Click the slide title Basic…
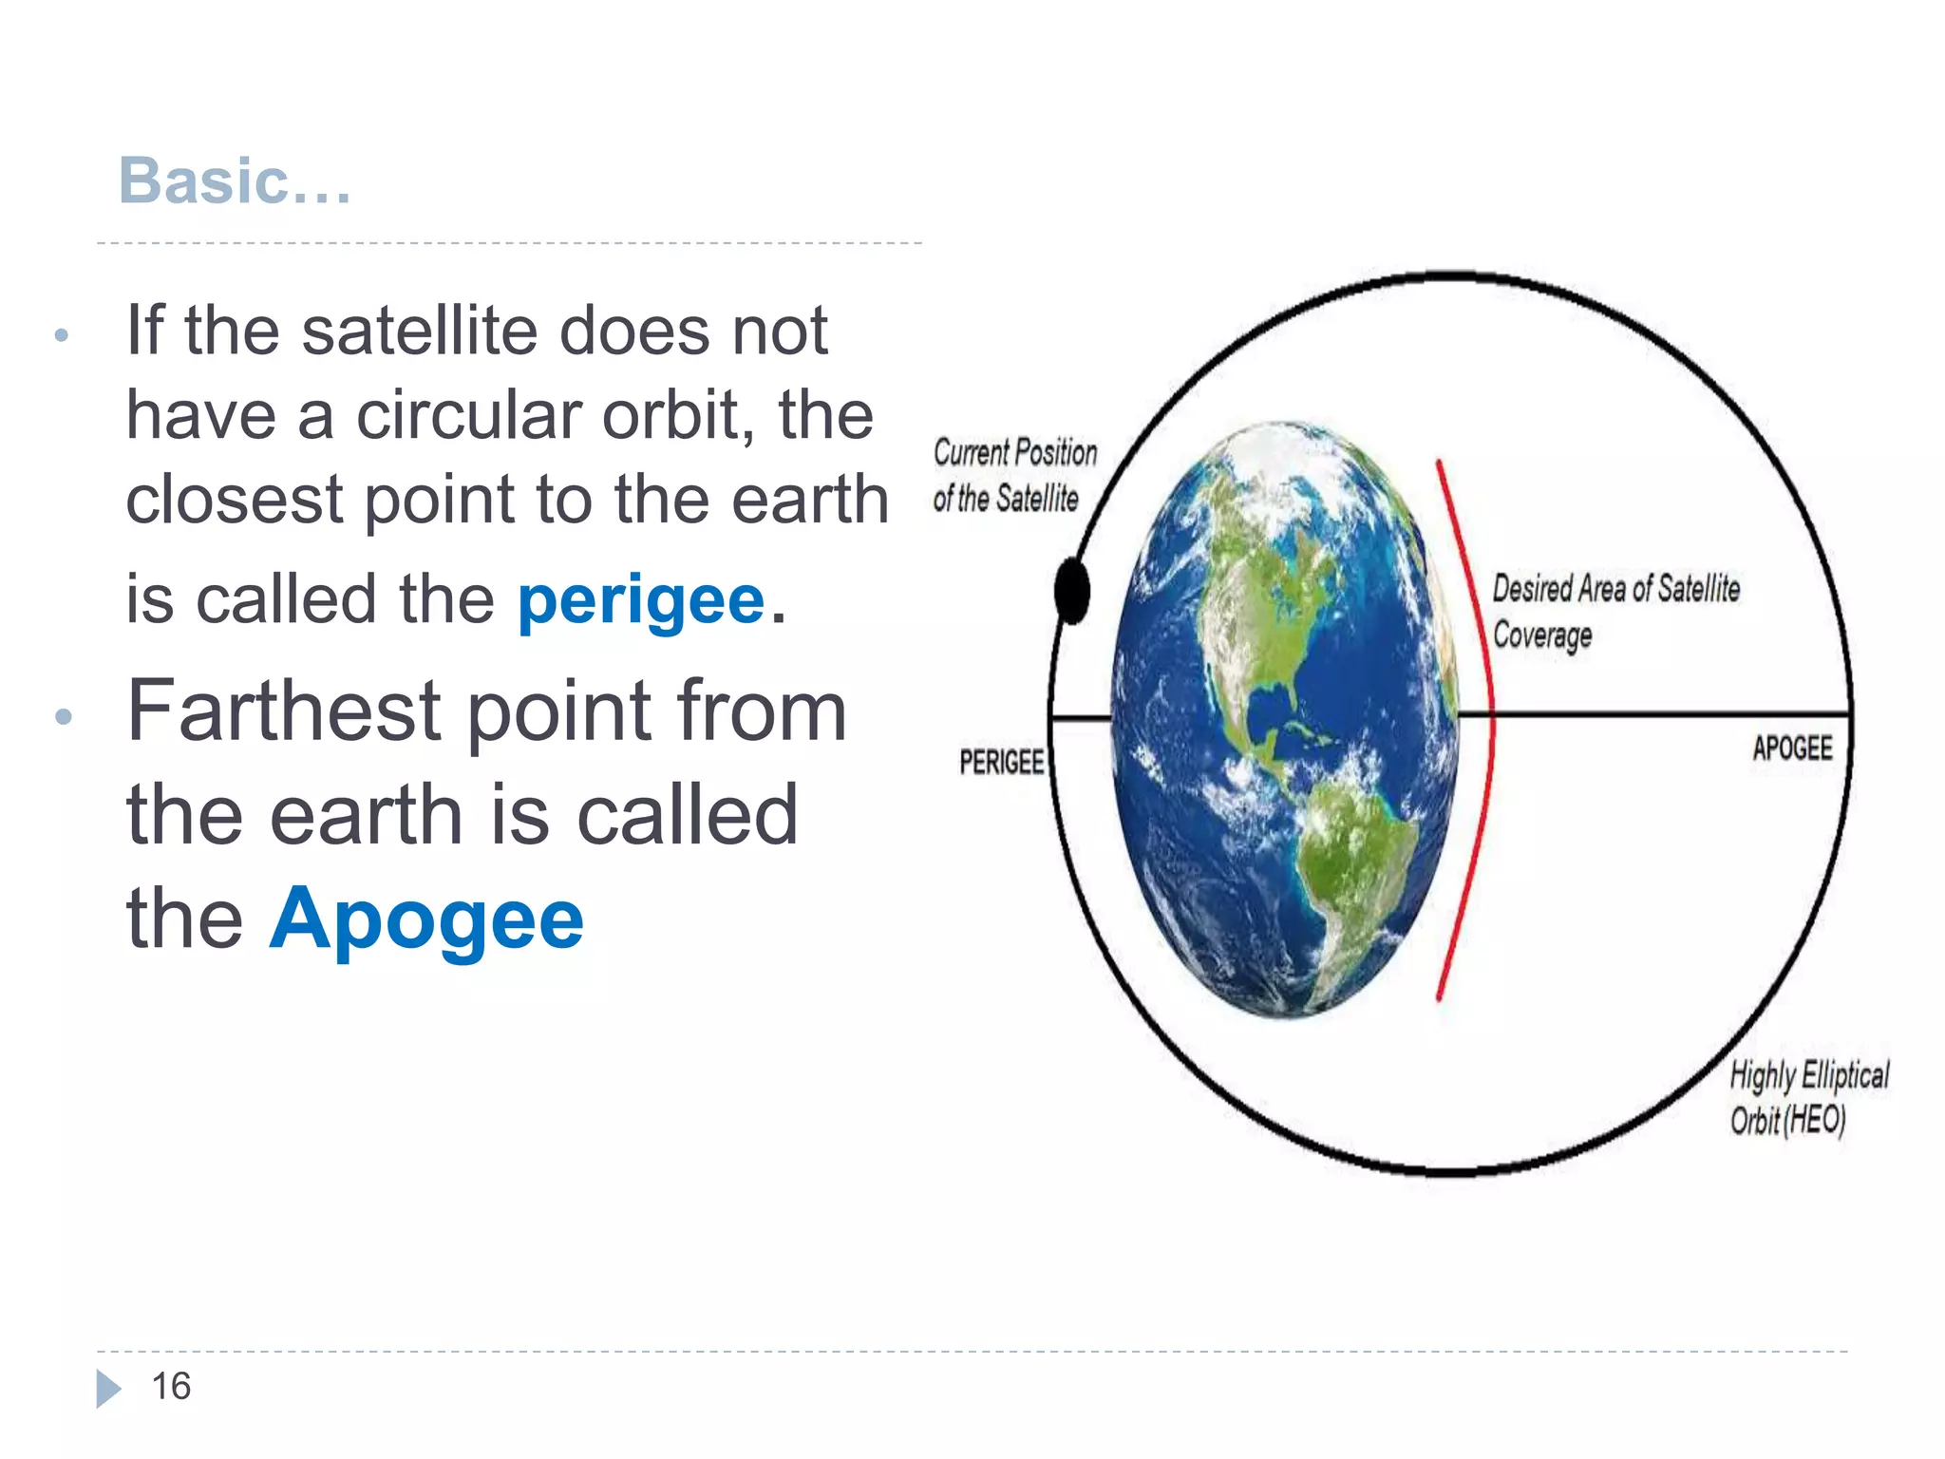point(235,180)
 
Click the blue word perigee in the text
point(641,601)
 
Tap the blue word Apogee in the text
point(426,919)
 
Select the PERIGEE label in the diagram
point(1001,762)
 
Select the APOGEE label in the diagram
point(1792,748)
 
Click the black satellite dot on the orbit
point(1072,591)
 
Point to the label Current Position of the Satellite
point(1013,475)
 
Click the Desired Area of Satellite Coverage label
point(1615,611)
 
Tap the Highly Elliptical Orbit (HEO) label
point(1807,1097)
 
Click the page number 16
point(171,1387)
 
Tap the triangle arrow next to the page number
point(108,1389)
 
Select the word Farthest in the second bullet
point(284,711)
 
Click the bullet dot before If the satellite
point(62,334)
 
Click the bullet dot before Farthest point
point(64,715)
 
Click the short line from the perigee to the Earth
point(1082,718)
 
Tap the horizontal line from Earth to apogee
point(1652,712)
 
